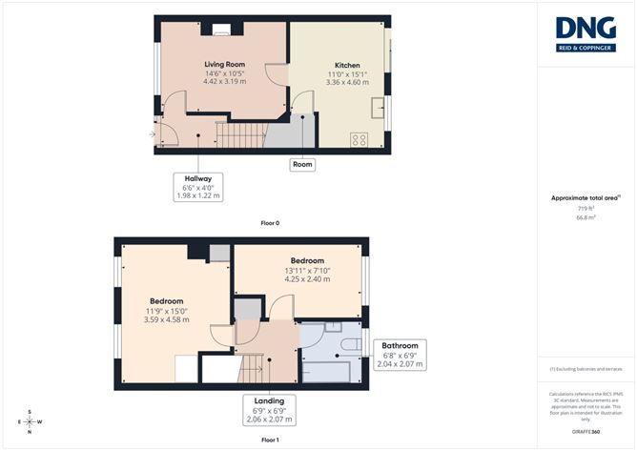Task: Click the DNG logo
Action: [x=586, y=33]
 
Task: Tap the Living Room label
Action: [x=225, y=65]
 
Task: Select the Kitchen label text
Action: [x=339, y=66]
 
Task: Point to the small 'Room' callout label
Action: [x=302, y=164]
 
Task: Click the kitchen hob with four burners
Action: [x=360, y=139]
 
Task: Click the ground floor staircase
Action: [x=240, y=135]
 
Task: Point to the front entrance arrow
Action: [x=153, y=134]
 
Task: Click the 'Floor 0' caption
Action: [x=270, y=223]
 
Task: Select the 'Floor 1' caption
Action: [x=270, y=440]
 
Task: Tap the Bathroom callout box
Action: [x=400, y=354]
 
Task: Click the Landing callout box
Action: [x=269, y=409]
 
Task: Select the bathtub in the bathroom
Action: [x=330, y=369]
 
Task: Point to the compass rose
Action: [x=31, y=420]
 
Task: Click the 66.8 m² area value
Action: [x=586, y=217]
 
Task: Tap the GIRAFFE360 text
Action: [x=586, y=432]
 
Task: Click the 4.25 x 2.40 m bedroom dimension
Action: [x=307, y=280]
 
